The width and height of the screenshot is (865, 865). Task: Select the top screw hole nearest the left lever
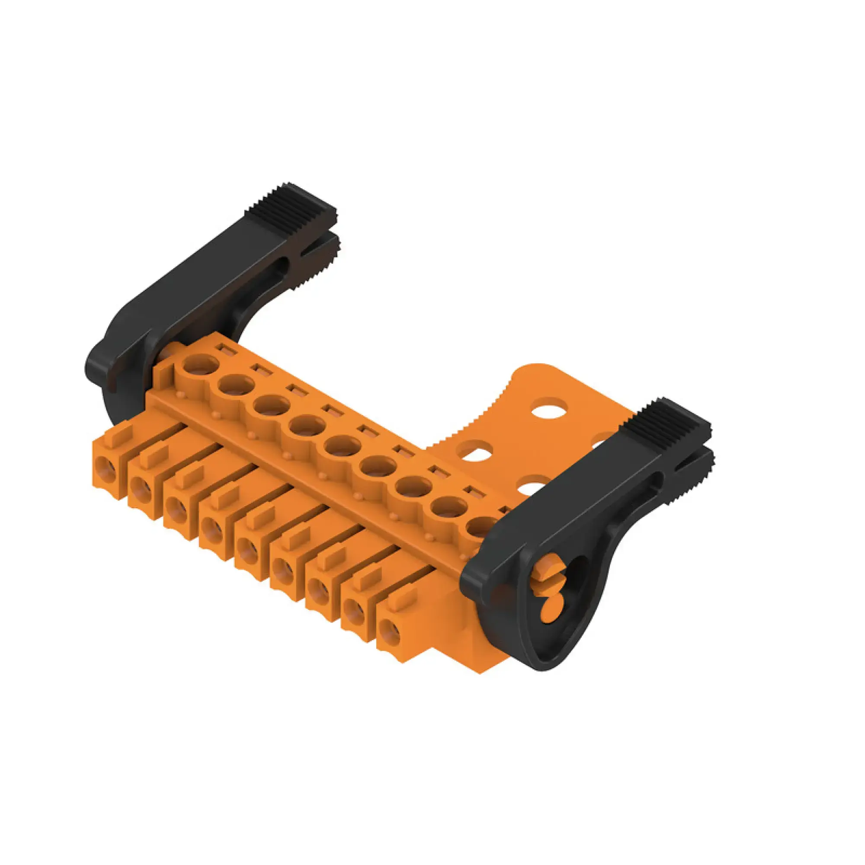pos(201,364)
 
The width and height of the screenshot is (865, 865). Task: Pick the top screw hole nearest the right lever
pos(482,526)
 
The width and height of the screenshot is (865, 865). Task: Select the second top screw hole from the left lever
pos(236,384)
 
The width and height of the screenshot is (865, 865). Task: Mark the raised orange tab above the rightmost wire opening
pos(402,597)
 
